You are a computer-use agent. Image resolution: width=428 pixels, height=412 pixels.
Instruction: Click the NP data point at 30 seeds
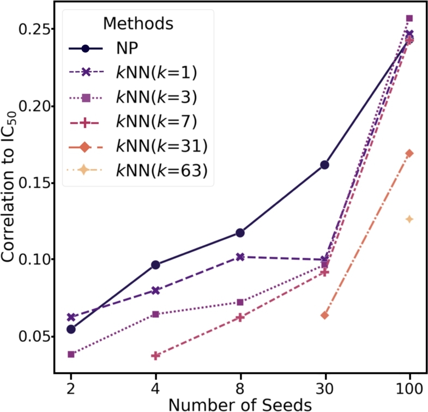click(324, 165)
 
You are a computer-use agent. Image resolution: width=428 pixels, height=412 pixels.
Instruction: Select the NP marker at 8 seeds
click(240, 233)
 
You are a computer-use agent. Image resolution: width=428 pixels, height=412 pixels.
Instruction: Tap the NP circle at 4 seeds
click(155, 265)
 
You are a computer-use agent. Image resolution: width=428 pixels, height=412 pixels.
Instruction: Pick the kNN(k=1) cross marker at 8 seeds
click(240, 257)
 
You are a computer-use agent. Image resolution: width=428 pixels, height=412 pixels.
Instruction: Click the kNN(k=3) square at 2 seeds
click(71, 354)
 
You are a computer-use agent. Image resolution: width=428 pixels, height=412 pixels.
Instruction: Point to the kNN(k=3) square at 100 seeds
click(409, 18)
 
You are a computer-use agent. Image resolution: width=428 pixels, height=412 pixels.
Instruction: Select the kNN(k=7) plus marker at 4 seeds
click(155, 355)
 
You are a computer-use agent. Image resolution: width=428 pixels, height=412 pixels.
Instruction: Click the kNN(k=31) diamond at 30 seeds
click(324, 316)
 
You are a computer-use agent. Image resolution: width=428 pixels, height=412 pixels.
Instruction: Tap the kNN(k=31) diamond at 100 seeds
click(409, 153)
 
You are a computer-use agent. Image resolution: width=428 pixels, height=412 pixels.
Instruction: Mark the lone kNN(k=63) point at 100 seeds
click(409, 219)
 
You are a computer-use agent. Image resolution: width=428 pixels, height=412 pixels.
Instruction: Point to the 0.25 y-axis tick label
click(33, 29)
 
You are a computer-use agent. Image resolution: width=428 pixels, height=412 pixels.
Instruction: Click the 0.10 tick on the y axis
click(33, 259)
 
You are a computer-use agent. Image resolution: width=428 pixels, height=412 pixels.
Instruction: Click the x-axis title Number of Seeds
click(240, 404)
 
